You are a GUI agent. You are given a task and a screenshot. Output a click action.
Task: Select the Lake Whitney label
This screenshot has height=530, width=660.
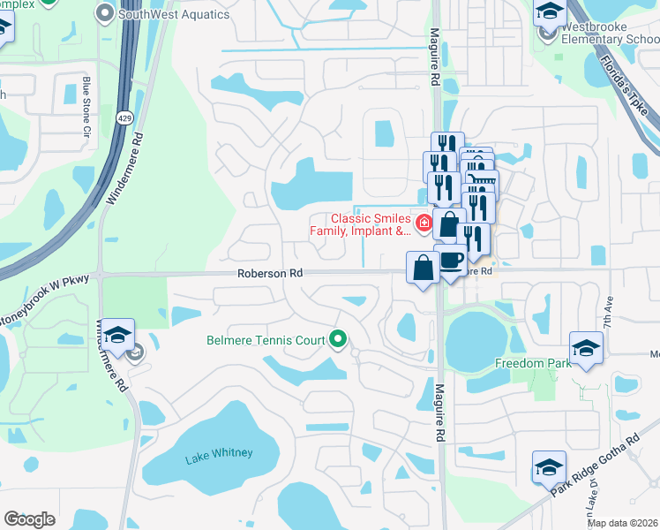click(x=219, y=454)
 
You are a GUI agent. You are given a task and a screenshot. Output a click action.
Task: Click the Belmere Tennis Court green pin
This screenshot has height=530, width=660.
click(x=337, y=339)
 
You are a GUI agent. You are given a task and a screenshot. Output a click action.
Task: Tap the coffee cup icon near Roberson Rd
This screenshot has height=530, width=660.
click(x=452, y=261)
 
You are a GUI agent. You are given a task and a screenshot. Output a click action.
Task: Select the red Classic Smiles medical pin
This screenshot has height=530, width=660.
click(x=424, y=223)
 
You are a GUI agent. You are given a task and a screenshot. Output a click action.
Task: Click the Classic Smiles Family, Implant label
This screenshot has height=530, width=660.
click(x=371, y=225)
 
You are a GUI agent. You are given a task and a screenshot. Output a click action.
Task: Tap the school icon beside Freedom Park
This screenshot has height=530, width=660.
click(x=586, y=347)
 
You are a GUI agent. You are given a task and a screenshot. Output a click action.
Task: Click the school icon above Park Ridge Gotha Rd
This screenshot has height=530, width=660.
click(x=549, y=466)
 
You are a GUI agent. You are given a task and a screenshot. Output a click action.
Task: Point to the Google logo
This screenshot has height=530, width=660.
click(x=29, y=519)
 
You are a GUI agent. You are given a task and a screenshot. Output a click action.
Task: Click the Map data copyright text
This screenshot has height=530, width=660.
click(x=622, y=523)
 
